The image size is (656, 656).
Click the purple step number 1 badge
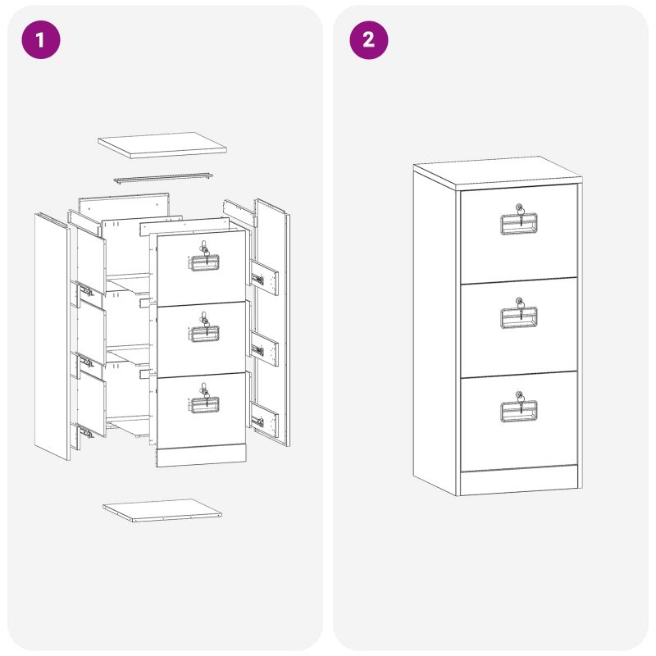tap(41, 39)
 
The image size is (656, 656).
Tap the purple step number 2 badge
tap(368, 39)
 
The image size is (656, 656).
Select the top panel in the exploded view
tap(162, 145)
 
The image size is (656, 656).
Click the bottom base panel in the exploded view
tap(162, 510)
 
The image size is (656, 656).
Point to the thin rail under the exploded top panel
tap(163, 179)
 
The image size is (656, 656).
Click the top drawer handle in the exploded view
tap(204, 262)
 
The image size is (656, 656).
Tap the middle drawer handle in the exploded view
tap(204, 334)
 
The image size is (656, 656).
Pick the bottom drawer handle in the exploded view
tap(204, 404)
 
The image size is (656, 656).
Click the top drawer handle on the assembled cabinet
tap(519, 224)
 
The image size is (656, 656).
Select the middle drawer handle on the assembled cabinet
tap(519, 317)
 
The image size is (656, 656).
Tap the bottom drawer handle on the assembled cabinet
tap(519, 412)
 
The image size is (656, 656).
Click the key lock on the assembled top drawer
tap(519, 208)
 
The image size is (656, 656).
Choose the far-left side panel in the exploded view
tap(52, 337)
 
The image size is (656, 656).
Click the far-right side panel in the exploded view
tap(272, 322)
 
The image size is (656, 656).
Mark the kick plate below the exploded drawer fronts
tap(201, 455)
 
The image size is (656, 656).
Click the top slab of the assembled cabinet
tap(498, 174)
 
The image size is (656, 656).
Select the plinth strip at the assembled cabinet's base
tap(519, 481)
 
